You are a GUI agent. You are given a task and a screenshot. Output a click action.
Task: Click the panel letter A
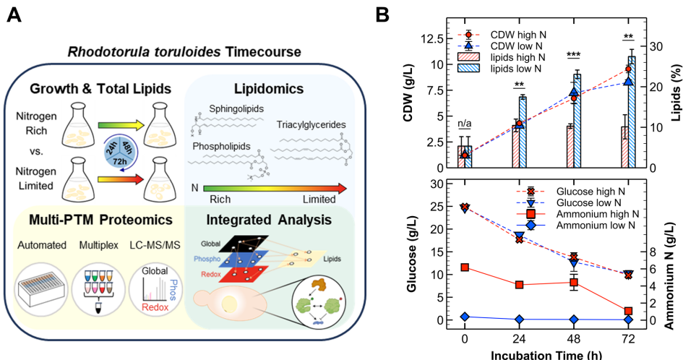click(14, 14)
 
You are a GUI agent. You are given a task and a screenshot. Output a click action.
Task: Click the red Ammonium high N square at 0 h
click(465, 267)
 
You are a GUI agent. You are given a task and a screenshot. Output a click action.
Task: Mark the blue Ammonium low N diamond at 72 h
click(628, 320)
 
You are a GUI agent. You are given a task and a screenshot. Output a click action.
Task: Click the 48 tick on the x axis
click(574, 338)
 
